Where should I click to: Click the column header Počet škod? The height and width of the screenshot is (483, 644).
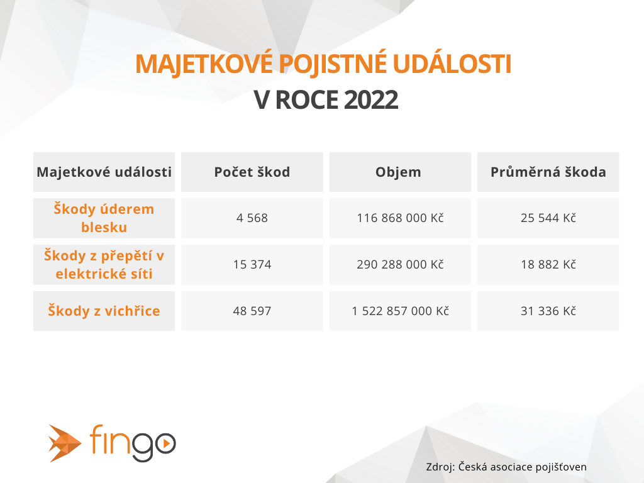point(252,172)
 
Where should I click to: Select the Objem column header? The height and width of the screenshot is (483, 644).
point(398,172)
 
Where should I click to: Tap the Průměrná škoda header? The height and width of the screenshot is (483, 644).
point(548,172)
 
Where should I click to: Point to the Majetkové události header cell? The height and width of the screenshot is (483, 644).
point(104,172)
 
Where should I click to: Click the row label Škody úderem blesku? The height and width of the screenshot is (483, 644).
point(104,218)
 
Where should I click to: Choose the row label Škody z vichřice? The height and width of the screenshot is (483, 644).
point(104,311)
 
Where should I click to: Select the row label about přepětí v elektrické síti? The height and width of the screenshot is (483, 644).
point(104,265)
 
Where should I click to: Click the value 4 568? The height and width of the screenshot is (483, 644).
point(252,218)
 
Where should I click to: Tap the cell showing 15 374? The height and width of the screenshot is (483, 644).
point(252,265)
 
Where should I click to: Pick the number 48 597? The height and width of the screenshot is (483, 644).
point(252,311)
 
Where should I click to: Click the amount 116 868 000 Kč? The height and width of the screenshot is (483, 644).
point(400,218)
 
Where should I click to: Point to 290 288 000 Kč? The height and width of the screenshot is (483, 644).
point(400,265)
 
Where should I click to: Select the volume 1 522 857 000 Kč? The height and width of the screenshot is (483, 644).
point(400,311)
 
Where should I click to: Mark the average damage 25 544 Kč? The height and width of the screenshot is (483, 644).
point(548,218)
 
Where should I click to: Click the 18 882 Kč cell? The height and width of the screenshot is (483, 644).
point(548,265)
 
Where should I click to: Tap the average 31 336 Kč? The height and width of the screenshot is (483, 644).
point(548,311)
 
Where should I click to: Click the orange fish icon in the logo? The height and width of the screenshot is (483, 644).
point(65,443)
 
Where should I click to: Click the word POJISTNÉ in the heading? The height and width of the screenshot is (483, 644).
point(333,64)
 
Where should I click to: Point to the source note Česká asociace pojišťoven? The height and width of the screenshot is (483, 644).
point(523,467)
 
